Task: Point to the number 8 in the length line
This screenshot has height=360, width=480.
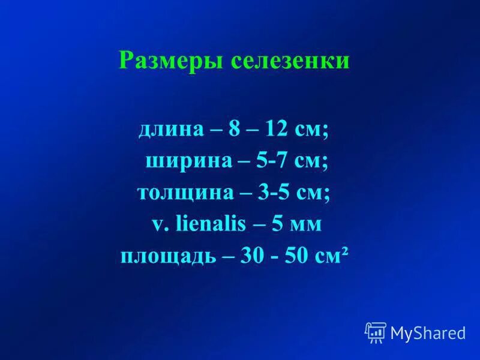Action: (x=233, y=131)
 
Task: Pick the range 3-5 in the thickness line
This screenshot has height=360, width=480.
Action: (x=273, y=194)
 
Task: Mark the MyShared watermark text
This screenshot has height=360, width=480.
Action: (x=428, y=333)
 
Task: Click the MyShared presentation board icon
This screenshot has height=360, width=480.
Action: (x=376, y=332)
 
